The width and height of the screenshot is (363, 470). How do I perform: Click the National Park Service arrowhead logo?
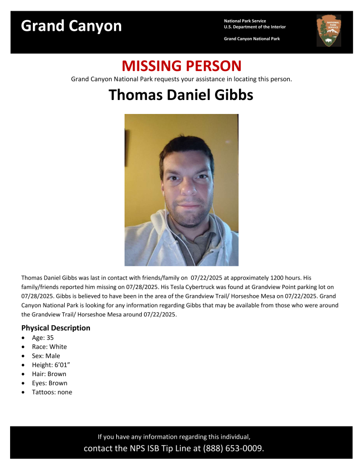tap(328, 30)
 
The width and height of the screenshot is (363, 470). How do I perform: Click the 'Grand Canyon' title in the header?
tap(71, 26)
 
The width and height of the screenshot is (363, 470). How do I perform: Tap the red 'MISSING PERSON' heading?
tap(181, 66)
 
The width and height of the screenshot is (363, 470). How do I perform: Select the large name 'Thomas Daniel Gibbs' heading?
tap(181, 94)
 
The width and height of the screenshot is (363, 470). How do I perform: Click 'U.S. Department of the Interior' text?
tap(255, 27)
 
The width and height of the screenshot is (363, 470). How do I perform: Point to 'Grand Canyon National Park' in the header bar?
tap(252, 39)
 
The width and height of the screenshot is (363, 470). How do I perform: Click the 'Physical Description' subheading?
tap(56, 328)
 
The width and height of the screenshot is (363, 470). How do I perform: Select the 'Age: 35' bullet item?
tap(42, 338)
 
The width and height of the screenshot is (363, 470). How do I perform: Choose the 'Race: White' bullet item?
tap(49, 347)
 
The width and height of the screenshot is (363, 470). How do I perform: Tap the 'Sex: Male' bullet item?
tap(46, 356)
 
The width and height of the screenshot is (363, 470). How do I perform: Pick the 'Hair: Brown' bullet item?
tap(49, 374)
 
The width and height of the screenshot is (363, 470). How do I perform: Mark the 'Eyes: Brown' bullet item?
tap(49, 383)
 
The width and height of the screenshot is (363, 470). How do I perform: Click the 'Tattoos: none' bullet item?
tap(52, 392)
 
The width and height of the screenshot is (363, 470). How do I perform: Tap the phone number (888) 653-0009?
tap(233, 448)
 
